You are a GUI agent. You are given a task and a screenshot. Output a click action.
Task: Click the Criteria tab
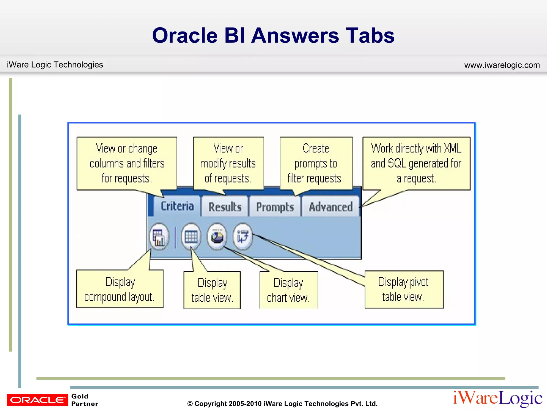[x=177, y=206]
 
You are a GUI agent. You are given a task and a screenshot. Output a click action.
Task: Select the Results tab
[x=225, y=207]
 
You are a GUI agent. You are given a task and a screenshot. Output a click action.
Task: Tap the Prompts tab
[x=275, y=207]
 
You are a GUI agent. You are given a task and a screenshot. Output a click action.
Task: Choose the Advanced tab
[x=331, y=207]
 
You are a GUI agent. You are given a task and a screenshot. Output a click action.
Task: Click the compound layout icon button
[x=159, y=236]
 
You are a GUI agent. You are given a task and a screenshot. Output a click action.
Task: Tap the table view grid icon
[x=191, y=236]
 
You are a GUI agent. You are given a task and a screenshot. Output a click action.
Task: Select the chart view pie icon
[x=217, y=236]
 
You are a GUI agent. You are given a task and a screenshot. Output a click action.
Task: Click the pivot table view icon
[x=243, y=236]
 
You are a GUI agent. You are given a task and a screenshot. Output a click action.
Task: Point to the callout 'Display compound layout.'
[x=119, y=289]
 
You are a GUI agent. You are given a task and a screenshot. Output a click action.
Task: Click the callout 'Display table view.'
[x=212, y=290]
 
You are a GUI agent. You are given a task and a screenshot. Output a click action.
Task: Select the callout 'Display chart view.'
[x=288, y=290]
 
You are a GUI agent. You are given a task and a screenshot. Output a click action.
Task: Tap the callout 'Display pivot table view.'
[x=404, y=290]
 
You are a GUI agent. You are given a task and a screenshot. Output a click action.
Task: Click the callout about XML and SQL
[x=416, y=163]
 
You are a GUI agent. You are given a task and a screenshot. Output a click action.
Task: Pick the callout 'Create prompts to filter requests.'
[x=316, y=163]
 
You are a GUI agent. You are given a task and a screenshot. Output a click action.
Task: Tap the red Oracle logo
[x=37, y=400]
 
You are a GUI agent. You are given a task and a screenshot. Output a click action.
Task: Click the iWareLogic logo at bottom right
[x=498, y=399]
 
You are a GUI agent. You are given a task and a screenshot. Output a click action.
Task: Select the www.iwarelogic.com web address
[x=502, y=65]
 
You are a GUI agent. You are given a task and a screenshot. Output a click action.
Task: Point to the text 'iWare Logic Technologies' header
[x=55, y=65]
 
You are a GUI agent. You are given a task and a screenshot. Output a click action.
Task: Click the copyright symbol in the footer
[x=190, y=404]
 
